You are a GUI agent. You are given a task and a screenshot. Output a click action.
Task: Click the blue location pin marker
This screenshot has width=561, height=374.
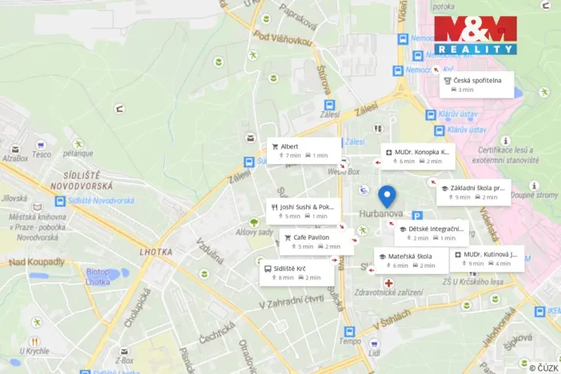[x=388, y=195]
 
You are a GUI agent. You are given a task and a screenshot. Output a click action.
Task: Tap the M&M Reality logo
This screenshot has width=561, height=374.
[x=475, y=35]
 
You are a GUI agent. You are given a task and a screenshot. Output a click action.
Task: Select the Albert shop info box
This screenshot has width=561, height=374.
[x=304, y=151]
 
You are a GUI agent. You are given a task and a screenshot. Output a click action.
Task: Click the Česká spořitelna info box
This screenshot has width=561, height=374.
[x=476, y=85]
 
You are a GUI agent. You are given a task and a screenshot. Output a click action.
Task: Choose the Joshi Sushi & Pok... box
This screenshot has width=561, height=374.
[x=303, y=211]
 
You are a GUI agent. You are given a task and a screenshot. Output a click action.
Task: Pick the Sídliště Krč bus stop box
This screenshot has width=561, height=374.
[x=296, y=273]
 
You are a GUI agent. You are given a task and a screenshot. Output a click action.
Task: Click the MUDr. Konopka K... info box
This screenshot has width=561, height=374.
[x=417, y=156]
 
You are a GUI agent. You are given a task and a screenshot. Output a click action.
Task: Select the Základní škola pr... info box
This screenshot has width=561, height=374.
[x=473, y=192]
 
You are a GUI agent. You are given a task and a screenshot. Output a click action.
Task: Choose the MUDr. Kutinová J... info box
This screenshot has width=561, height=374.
[x=487, y=258]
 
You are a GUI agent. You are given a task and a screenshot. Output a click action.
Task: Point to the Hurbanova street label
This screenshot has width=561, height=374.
[x=380, y=214]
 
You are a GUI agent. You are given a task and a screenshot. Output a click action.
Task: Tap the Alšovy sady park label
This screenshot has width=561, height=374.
[x=255, y=233]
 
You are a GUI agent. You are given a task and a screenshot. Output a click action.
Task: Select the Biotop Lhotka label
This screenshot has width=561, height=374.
[x=99, y=277]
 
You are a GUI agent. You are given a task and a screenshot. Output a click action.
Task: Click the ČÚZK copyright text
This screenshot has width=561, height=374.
[x=543, y=367]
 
